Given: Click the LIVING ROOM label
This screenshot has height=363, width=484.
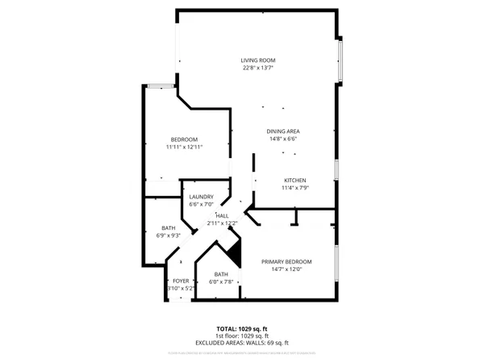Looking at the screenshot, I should coord(258,61).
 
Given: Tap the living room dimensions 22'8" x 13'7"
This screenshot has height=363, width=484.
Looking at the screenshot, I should coord(258,69).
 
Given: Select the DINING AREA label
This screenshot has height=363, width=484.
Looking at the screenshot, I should coord(283,131).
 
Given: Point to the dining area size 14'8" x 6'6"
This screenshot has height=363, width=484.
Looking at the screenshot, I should coord(283,139).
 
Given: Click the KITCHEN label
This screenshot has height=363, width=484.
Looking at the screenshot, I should coord(294,180).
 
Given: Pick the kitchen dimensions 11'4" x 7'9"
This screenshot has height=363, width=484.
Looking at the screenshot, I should coord(294,187).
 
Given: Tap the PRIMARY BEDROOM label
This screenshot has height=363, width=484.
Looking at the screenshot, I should coord(286,261).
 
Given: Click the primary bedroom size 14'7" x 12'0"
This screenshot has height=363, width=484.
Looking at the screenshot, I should coord(286,269).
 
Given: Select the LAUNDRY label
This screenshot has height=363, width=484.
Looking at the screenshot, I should coord(201,197).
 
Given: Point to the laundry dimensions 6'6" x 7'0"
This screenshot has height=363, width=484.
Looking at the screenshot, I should coord(201,204).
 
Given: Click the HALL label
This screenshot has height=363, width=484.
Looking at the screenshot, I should coord(222,215).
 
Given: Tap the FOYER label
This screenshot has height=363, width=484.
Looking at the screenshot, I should coord(181,281).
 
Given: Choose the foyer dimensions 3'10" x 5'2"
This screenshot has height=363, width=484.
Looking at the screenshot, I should coord(181,288).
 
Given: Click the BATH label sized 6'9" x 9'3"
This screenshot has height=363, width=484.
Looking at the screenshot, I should coord(168,228).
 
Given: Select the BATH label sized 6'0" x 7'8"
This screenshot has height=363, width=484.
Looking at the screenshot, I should coord(221,273).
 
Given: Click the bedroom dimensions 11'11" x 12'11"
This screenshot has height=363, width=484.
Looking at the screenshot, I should coord(183,147).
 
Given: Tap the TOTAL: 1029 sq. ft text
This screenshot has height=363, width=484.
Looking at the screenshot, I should coord(242,328).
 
